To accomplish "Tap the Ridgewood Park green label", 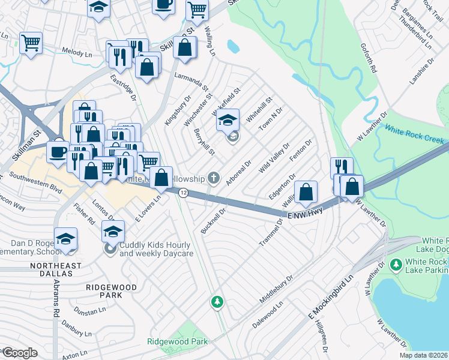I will point(177,341).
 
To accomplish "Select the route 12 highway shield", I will point(183,192).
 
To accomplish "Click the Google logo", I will point(19,353).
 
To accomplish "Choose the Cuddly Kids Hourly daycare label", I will point(155,250).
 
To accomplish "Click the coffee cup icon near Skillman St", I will point(58,151).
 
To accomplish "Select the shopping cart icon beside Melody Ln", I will point(30,43).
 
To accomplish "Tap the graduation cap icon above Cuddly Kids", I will point(112,230).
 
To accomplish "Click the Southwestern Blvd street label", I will point(36,182).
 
